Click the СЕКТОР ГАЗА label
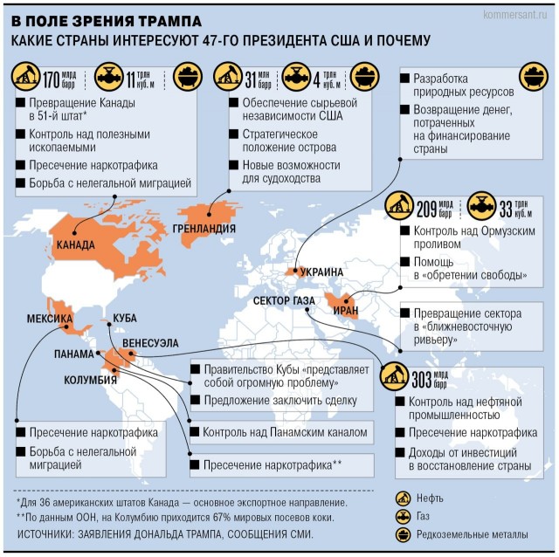click(x=284, y=301)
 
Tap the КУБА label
click(x=121, y=319)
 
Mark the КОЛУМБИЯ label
click(x=91, y=380)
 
